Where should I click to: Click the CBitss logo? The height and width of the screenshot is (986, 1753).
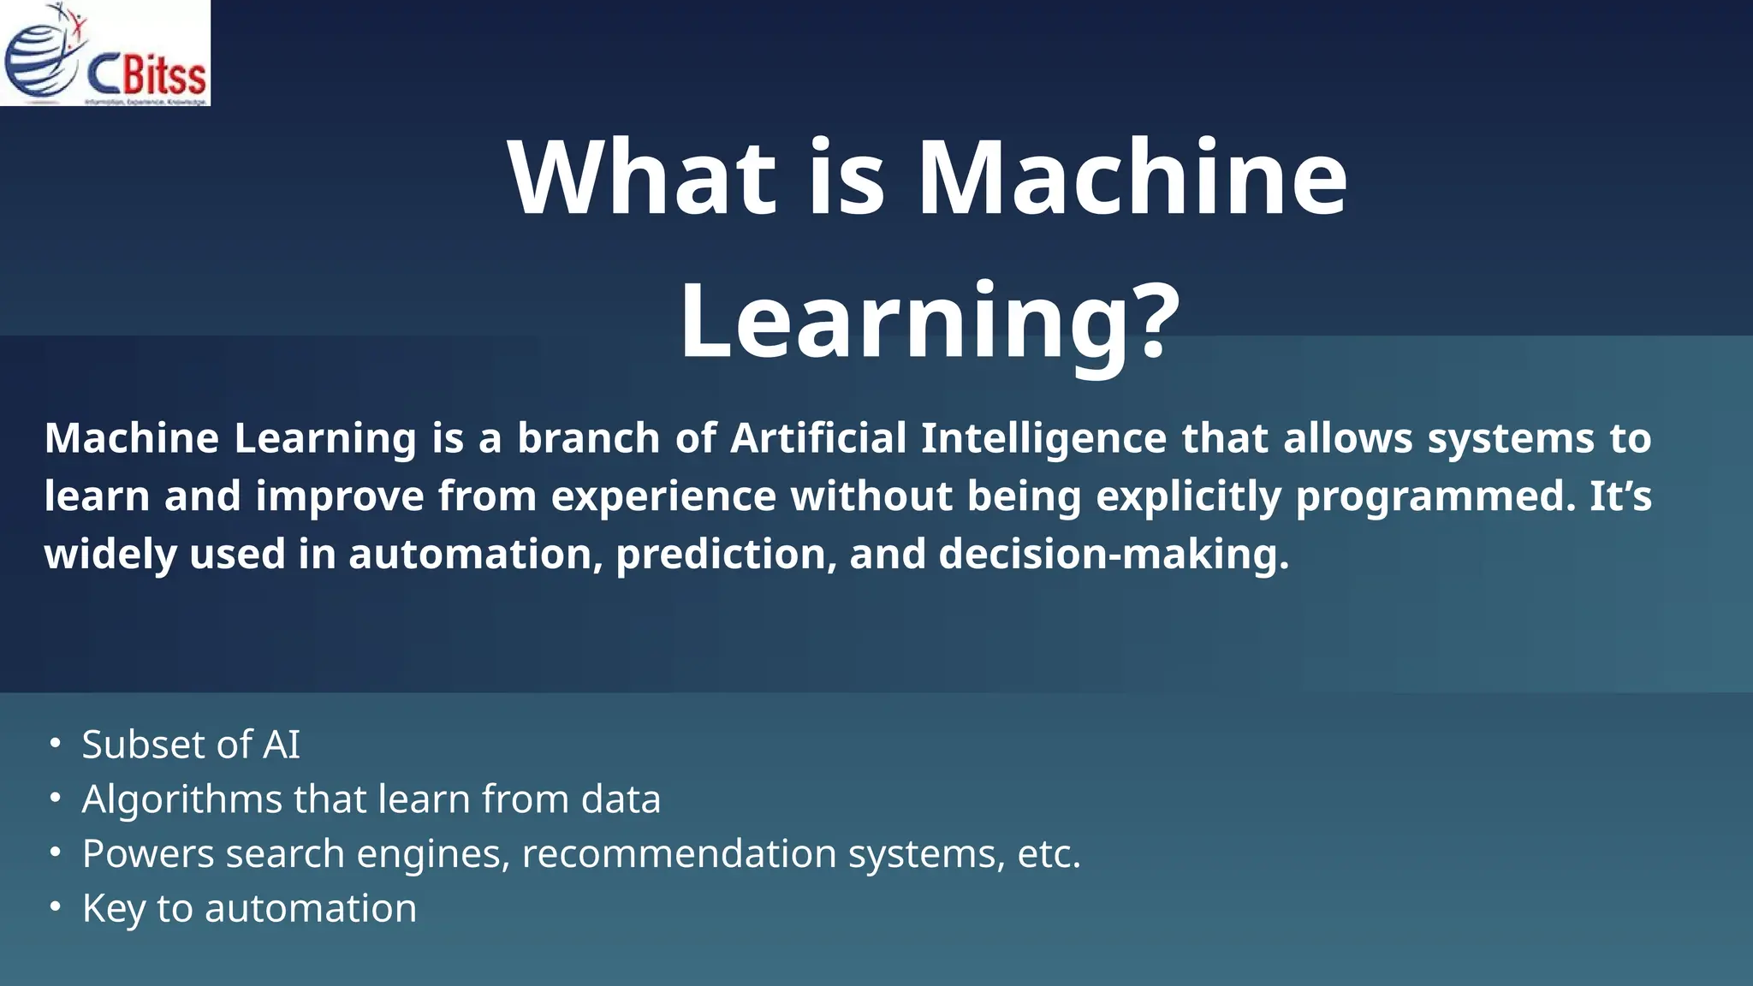[104, 53]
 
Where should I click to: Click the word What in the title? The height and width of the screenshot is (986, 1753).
[642, 178]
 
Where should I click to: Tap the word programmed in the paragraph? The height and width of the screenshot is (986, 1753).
[1435, 497]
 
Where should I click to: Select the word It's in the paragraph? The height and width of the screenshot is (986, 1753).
[1620, 496]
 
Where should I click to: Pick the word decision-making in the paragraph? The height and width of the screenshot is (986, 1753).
[1113, 554]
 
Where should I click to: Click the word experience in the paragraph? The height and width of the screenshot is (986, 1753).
[663, 497]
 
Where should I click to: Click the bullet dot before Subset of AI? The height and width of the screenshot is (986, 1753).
[55, 743]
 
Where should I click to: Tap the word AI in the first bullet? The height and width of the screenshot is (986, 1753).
[282, 744]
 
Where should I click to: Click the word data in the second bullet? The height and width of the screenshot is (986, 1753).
[621, 799]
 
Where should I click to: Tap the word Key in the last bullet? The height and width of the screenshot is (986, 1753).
[113, 909]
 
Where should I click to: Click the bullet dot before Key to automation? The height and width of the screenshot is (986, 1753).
[55, 906]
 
